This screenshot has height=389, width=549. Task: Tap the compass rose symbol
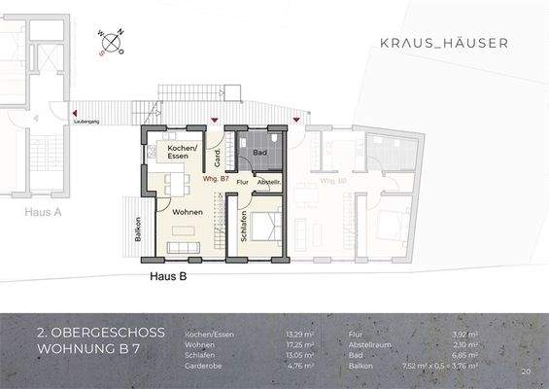[x=112, y=42]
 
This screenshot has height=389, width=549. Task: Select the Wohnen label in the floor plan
[x=188, y=211]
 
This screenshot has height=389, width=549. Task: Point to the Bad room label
[x=260, y=154]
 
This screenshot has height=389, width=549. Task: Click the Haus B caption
[x=168, y=276]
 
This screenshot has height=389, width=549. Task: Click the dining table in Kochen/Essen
[x=175, y=182]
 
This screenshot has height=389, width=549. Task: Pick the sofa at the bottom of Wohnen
[x=187, y=249]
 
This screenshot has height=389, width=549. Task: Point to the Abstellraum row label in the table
[x=371, y=344]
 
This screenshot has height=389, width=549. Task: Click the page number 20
[x=525, y=371]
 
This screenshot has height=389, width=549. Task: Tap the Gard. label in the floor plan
[x=216, y=155]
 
